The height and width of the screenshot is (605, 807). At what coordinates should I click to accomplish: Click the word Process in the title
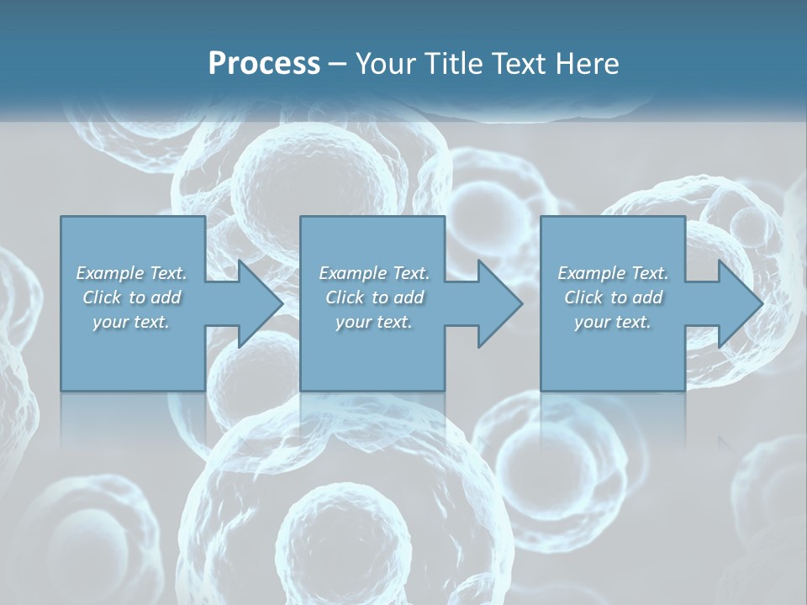point(264,64)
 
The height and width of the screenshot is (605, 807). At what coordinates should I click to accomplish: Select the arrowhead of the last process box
point(739,303)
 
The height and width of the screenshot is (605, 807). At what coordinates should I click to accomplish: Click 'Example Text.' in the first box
point(131,273)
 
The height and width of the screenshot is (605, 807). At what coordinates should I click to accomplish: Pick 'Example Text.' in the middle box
point(374,273)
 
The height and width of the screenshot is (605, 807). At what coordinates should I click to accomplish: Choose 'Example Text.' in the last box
point(613,273)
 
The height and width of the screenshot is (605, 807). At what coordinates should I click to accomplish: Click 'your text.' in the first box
point(131,322)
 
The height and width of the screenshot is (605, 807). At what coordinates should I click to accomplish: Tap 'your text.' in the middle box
point(374,322)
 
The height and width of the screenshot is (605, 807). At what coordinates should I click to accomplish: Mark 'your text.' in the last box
point(613,322)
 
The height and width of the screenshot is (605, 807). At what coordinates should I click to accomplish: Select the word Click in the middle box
point(345,297)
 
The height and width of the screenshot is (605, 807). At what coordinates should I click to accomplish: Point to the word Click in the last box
point(583,297)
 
